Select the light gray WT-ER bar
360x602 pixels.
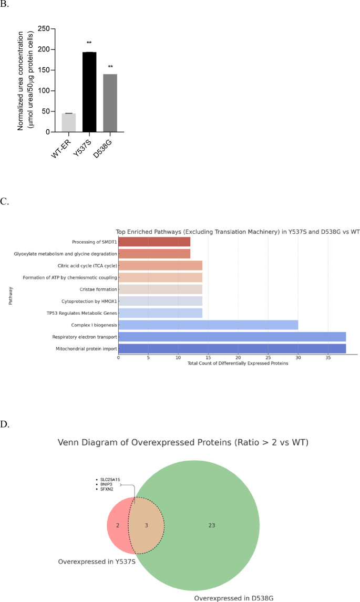[69, 122]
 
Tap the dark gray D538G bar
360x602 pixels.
[110, 103]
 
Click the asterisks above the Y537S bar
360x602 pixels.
[89, 43]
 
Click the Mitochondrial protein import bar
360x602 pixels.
[232, 348]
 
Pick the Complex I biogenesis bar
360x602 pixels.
[208, 325]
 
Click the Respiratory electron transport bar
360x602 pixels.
[232, 337]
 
